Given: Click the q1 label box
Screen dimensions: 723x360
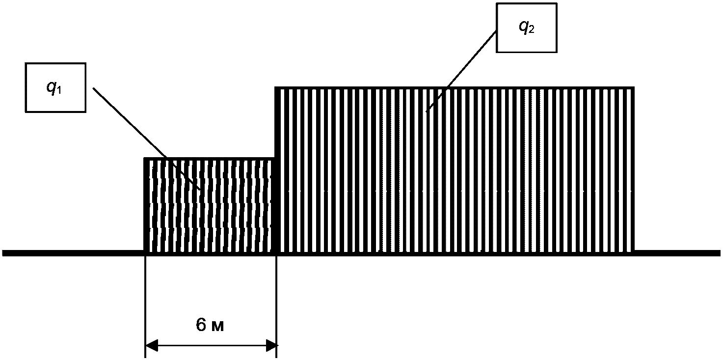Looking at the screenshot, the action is [55, 87].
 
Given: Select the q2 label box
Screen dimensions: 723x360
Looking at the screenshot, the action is [527, 28].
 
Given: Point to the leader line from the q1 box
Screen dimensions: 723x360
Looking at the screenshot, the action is [147, 138].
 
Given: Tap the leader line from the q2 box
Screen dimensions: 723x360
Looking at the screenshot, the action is [461, 71].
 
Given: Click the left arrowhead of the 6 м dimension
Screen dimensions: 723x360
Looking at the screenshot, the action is [152, 345].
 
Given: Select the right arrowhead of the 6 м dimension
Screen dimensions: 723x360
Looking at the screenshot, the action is [271, 345].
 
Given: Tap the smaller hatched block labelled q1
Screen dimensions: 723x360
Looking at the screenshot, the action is [209, 205].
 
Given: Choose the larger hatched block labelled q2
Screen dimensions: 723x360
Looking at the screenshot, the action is [455, 170].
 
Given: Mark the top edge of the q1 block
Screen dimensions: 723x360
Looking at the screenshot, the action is [209, 159].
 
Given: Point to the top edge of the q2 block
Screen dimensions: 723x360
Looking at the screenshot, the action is [455, 88].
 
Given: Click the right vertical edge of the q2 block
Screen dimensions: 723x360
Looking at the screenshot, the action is [633, 170].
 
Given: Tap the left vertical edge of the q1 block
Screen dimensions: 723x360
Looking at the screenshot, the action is [145, 205].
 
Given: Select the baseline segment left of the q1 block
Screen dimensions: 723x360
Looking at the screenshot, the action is [73, 253].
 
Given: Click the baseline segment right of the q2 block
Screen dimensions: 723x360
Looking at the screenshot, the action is [677, 253].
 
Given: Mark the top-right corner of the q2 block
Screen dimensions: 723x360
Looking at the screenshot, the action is [634, 87].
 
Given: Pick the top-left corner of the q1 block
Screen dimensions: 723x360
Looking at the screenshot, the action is [145, 159].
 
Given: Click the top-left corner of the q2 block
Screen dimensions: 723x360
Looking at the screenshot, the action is [276, 87].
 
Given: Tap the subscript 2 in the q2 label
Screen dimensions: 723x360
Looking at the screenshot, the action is [531, 29].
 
